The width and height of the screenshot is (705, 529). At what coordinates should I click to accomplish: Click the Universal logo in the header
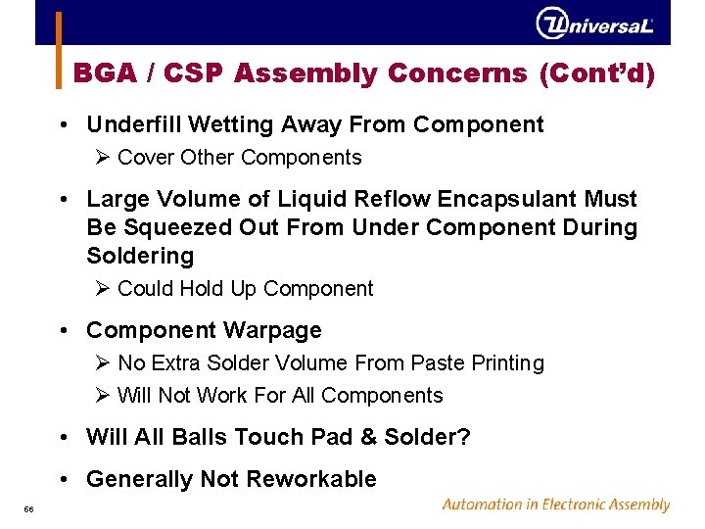click(594, 23)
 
